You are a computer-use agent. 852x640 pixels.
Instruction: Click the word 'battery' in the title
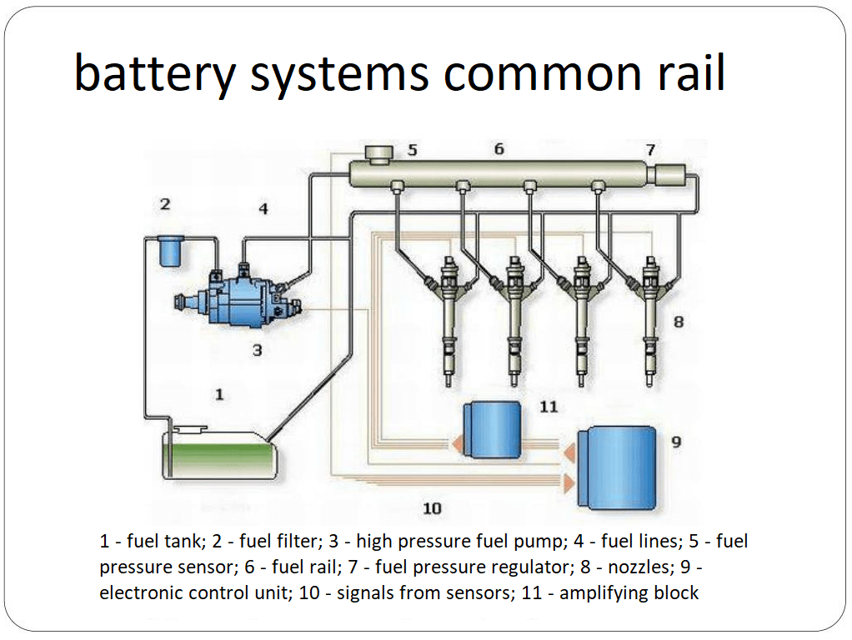pos(155,74)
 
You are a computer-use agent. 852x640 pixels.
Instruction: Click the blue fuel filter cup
pos(170,251)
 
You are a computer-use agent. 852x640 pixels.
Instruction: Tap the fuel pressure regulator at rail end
pos(669,176)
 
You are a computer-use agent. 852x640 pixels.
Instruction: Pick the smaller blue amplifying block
pos(493,430)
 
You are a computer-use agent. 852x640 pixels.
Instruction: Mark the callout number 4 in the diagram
pos(263,208)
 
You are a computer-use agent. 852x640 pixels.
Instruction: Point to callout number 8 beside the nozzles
pos(679,321)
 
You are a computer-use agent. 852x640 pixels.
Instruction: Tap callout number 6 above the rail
pos(499,148)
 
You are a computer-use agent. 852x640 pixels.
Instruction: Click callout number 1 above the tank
pos(219,394)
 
